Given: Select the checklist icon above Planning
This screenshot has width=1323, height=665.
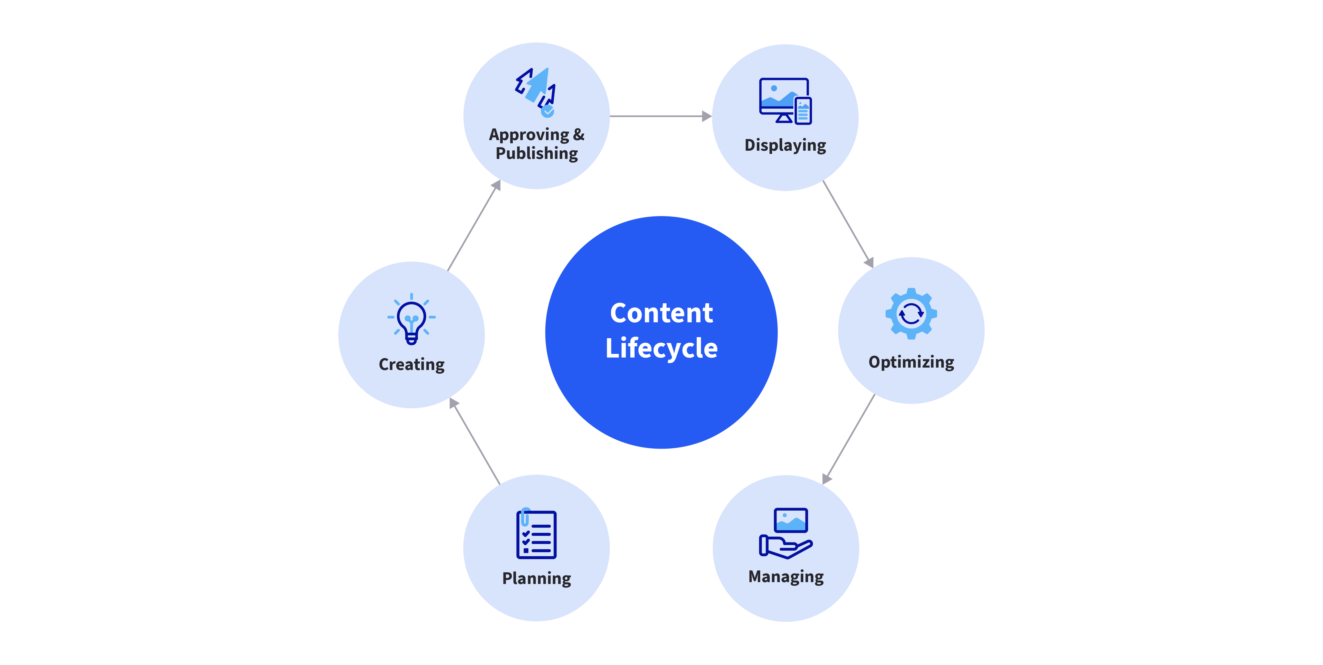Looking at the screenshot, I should pos(536,534).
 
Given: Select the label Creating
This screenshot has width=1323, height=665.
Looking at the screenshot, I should pos(411,364).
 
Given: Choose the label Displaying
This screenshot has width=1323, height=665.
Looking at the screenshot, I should pos(785,145).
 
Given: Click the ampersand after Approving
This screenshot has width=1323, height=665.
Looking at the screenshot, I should pos(578,134).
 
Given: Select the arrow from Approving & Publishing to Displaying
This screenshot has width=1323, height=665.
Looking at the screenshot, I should pos(660,116).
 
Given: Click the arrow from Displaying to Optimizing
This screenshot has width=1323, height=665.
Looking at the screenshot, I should pos(848,223).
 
